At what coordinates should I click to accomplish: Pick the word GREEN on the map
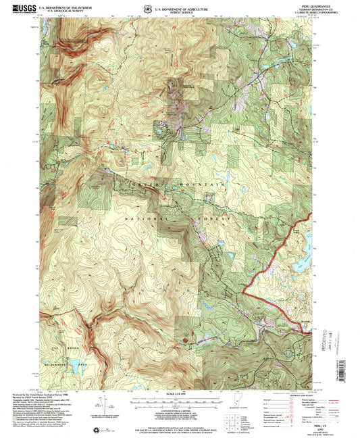132,182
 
